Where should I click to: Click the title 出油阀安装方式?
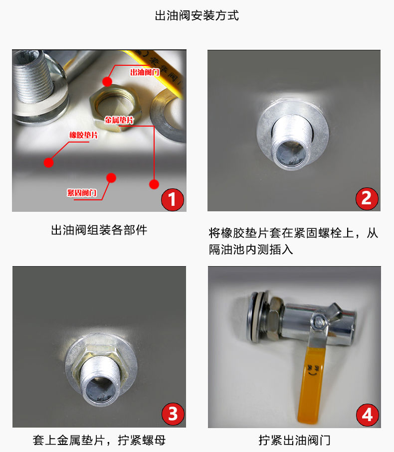(x=197, y=15)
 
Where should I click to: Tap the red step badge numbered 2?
(x=367, y=198)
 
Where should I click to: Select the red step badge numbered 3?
(x=172, y=414)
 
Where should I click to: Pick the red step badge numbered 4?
(x=367, y=414)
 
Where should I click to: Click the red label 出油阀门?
(x=144, y=72)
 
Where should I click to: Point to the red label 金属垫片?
(x=119, y=121)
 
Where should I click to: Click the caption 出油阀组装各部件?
(x=99, y=230)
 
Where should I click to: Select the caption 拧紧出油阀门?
(x=294, y=440)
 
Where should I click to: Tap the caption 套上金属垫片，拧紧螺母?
(x=99, y=440)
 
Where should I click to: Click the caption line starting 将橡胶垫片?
(x=293, y=233)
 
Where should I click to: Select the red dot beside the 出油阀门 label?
(x=107, y=81)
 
